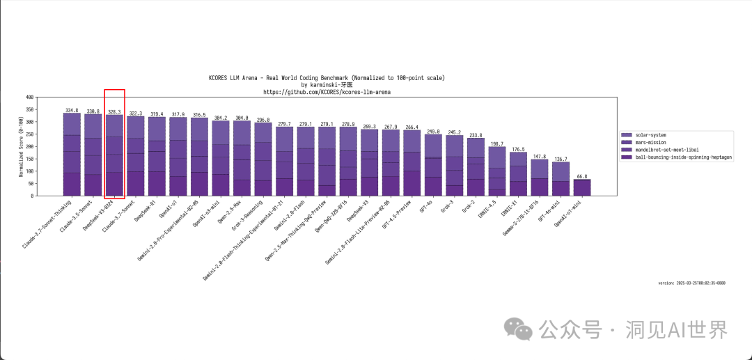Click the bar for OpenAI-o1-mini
(582, 187)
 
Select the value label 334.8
(72, 110)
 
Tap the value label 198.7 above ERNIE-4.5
(496, 143)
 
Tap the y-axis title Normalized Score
(21, 146)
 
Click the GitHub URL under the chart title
(327, 91)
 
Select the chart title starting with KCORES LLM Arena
(327, 77)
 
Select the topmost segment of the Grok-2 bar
(476, 147)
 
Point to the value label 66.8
(582, 176)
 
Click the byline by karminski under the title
(327, 84)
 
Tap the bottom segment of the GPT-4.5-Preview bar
(412, 183)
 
